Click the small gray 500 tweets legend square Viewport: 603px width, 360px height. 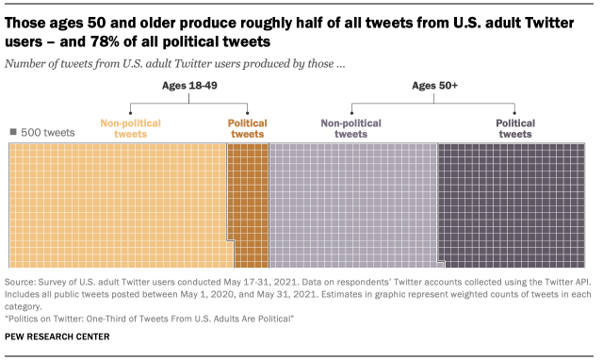(x=13, y=133)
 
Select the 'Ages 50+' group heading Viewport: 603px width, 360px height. (x=435, y=87)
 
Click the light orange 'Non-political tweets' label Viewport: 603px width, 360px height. (x=130, y=128)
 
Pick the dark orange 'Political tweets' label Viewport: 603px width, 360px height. (x=247, y=128)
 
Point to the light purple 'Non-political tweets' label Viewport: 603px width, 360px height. (x=345, y=128)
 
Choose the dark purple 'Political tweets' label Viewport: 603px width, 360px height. (x=514, y=128)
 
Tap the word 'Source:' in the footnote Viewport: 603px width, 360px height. (x=23, y=282)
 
